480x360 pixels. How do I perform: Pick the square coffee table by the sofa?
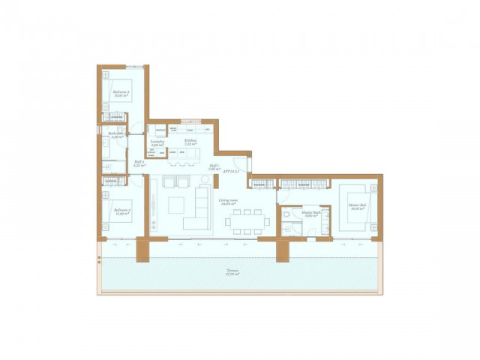point(177,205)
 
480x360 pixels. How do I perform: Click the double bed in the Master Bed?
point(353,209)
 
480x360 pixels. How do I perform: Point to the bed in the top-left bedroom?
point(118,91)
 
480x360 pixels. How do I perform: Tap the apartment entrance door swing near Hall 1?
point(240,166)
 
